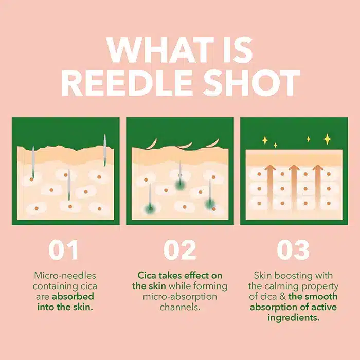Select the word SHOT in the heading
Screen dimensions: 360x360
tap(252, 83)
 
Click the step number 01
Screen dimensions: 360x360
tap(64, 249)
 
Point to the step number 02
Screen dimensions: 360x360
tap(180, 249)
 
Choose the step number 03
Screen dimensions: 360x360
tap(293, 249)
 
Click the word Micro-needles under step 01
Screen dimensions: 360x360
tap(65, 275)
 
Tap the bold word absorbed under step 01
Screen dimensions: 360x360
tap(73, 296)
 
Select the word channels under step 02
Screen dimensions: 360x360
tap(180, 307)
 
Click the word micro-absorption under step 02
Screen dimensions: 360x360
tap(180, 297)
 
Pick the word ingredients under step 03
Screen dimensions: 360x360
tap(294, 318)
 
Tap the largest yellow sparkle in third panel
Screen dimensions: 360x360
tap(327, 139)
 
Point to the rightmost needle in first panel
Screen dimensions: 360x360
tap(105, 150)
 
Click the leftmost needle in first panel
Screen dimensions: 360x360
tap(33, 162)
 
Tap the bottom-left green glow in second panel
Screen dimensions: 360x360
tap(150, 208)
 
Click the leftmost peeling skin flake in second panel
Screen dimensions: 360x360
tap(152, 144)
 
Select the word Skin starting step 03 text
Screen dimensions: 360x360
tap(263, 275)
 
